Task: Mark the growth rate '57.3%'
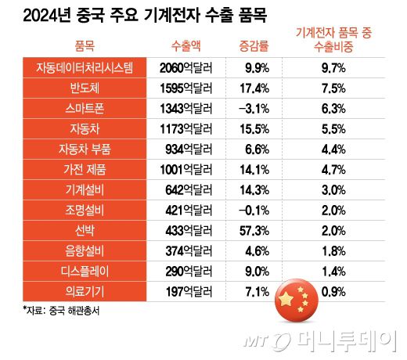coord(251,231)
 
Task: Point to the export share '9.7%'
coord(333,68)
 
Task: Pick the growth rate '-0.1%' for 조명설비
coord(251,211)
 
